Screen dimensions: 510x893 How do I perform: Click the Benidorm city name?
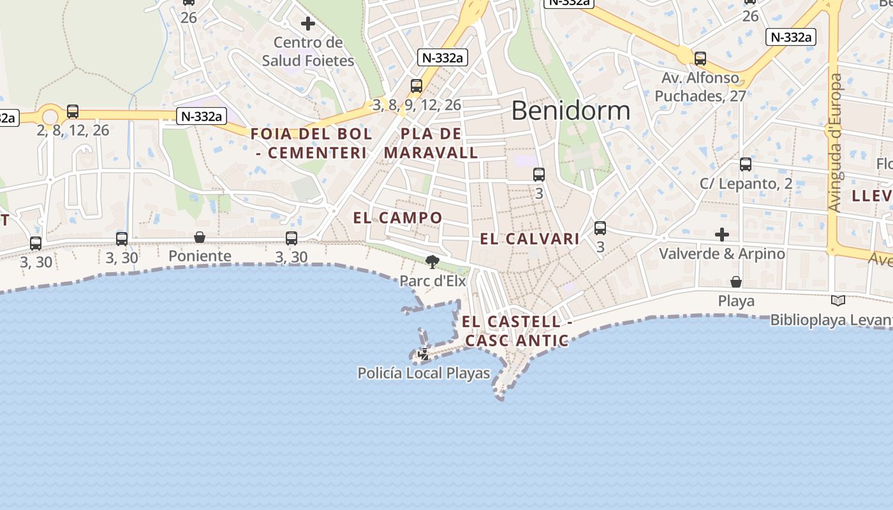coord(570,111)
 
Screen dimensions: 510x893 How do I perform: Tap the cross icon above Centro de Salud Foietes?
coord(308,24)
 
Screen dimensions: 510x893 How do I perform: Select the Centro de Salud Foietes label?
coord(308,52)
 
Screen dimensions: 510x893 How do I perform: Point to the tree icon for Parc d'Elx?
coord(432,261)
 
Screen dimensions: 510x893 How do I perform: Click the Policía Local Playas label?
coord(424,373)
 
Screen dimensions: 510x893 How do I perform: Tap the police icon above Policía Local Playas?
coord(423,354)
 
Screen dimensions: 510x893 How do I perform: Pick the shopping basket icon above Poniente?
coord(200,237)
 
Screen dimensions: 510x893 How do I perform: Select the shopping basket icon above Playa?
coord(736,282)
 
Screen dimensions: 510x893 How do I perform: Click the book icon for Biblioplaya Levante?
coord(838,300)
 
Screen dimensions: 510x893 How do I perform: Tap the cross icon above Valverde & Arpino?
coord(722,235)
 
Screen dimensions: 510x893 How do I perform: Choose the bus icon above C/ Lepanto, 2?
coord(746,164)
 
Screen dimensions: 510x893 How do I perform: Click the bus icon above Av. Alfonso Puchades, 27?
coord(700,59)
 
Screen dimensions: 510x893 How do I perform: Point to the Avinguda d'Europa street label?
coord(835,143)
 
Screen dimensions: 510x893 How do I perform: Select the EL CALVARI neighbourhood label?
coord(529,239)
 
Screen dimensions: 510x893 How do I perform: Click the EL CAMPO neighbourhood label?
coord(397,218)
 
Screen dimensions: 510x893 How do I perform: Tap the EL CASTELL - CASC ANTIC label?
coord(517,331)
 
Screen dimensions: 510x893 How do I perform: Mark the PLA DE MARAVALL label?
coord(431,143)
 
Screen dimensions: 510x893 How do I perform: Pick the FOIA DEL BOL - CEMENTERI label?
coord(311,143)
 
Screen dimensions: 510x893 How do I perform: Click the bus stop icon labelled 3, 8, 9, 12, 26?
coord(417,86)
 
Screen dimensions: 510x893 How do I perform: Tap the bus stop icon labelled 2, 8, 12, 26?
coord(73,112)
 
